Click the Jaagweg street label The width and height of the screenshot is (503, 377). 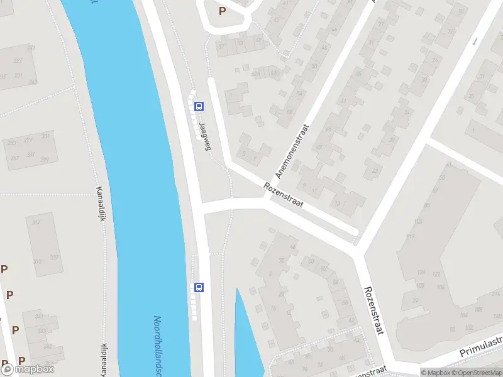(x=203, y=134)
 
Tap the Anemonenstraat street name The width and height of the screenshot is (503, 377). (x=294, y=150)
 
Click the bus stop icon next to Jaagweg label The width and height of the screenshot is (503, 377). (x=199, y=106)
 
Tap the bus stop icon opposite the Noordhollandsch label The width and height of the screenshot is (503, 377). (x=199, y=287)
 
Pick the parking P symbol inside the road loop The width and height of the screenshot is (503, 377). (x=222, y=11)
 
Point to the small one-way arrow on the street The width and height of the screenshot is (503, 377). (x=475, y=41)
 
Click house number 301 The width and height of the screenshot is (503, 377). (x=45, y=136)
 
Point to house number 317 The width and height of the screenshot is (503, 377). (x=36, y=222)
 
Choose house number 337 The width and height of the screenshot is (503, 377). (x=55, y=258)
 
